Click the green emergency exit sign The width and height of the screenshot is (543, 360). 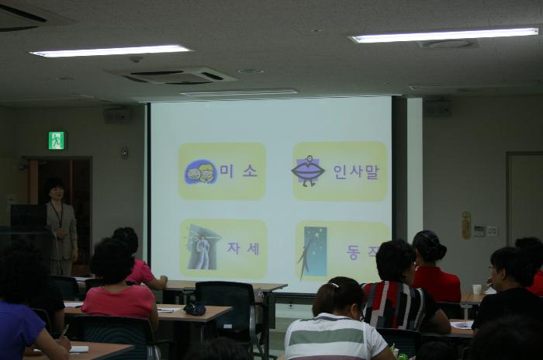pos(57,140)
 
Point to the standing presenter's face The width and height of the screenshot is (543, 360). pos(56,190)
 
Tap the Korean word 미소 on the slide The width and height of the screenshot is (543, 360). pos(239,171)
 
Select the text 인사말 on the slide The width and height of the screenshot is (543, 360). pos(355,171)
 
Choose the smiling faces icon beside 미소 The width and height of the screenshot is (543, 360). pos(200,171)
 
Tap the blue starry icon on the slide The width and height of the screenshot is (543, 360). pos(315,250)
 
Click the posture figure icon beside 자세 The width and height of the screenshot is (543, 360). pos(203,248)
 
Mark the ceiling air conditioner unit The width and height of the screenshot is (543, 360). pos(171,75)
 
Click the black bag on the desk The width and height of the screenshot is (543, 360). pos(195,308)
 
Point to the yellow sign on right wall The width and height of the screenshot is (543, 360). pos(466,225)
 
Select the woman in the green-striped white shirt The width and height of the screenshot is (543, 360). pos(337,326)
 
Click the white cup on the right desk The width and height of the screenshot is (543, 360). pos(477,289)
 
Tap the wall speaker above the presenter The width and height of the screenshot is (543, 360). pos(116,116)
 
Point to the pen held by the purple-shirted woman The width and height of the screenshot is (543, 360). pos(64,331)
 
